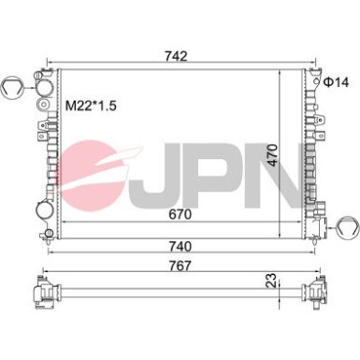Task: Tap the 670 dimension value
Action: (x=180, y=214)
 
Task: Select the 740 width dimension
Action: (x=180, y=246)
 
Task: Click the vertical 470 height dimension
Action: (x=272, y=155)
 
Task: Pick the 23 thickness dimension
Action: (x=272, y=281)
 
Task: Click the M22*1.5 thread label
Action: (x=91, y=106)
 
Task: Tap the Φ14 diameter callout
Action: (x=336, y=82)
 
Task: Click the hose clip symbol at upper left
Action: (x=11, y=87)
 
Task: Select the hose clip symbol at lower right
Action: (x=348, y=228)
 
